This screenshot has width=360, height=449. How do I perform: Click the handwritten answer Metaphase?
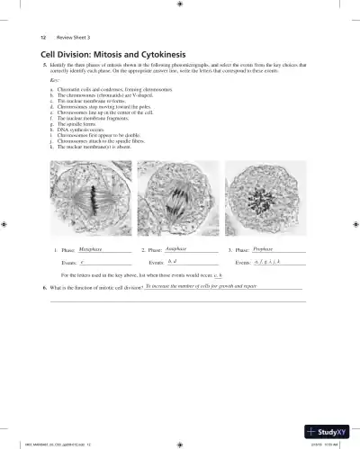[91, 247]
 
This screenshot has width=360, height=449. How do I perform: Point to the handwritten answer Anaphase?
[176, 247]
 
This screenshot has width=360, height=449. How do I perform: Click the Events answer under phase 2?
[174, 261]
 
